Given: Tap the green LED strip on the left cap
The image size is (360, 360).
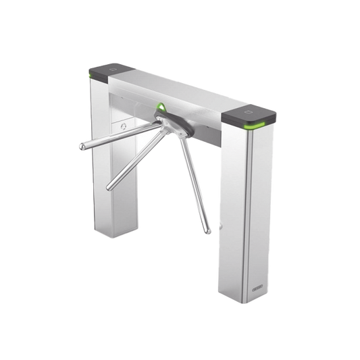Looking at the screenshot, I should click(x=91, y=80).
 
